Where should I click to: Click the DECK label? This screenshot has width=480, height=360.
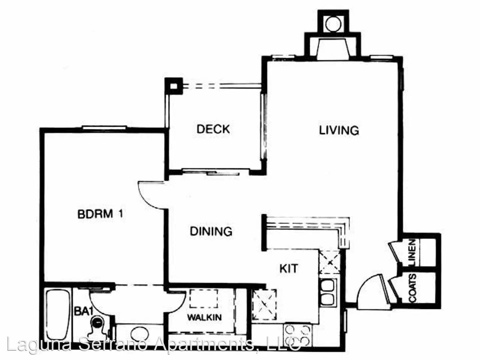point(213,129)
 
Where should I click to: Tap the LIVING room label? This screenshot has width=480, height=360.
point(339,130)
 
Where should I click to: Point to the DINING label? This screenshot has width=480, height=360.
point(211,231)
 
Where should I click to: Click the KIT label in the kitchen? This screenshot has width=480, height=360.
point(289,268)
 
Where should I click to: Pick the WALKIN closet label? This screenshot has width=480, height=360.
point(204,317)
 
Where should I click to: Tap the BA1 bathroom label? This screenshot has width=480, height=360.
point(82,311)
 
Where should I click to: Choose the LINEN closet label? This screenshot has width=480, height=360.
point(412,253)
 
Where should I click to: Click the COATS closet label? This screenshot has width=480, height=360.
point(412,288)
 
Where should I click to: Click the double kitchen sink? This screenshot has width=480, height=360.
point(327,292)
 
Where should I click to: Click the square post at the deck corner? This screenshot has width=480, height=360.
point(174,86)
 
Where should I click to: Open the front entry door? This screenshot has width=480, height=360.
point(372,292)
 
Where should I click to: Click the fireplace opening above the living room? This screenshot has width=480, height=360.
point(333,49)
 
